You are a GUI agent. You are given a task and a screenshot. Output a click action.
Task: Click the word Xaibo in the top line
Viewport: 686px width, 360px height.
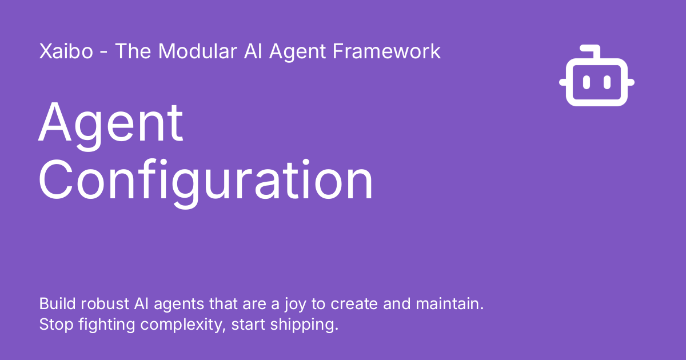[66, 51]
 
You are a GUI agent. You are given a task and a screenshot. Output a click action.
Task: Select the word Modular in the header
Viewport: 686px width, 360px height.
[198, 51]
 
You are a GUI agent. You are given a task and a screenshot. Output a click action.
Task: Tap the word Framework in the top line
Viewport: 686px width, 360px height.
[386, 51]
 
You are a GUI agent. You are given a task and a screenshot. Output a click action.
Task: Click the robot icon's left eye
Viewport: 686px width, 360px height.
[586, 82]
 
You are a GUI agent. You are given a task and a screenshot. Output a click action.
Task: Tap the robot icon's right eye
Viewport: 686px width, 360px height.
[607, 82]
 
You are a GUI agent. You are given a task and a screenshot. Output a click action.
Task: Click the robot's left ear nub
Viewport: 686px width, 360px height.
[563, 82]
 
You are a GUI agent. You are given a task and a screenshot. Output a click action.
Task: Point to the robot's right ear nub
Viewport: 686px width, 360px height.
[631, 82]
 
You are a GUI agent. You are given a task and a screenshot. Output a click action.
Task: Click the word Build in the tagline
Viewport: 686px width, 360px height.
[57, 303]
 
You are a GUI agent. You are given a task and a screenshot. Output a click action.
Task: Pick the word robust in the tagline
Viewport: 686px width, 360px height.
[105, 303]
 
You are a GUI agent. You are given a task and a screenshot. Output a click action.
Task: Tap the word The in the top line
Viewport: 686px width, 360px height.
[133, 51]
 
